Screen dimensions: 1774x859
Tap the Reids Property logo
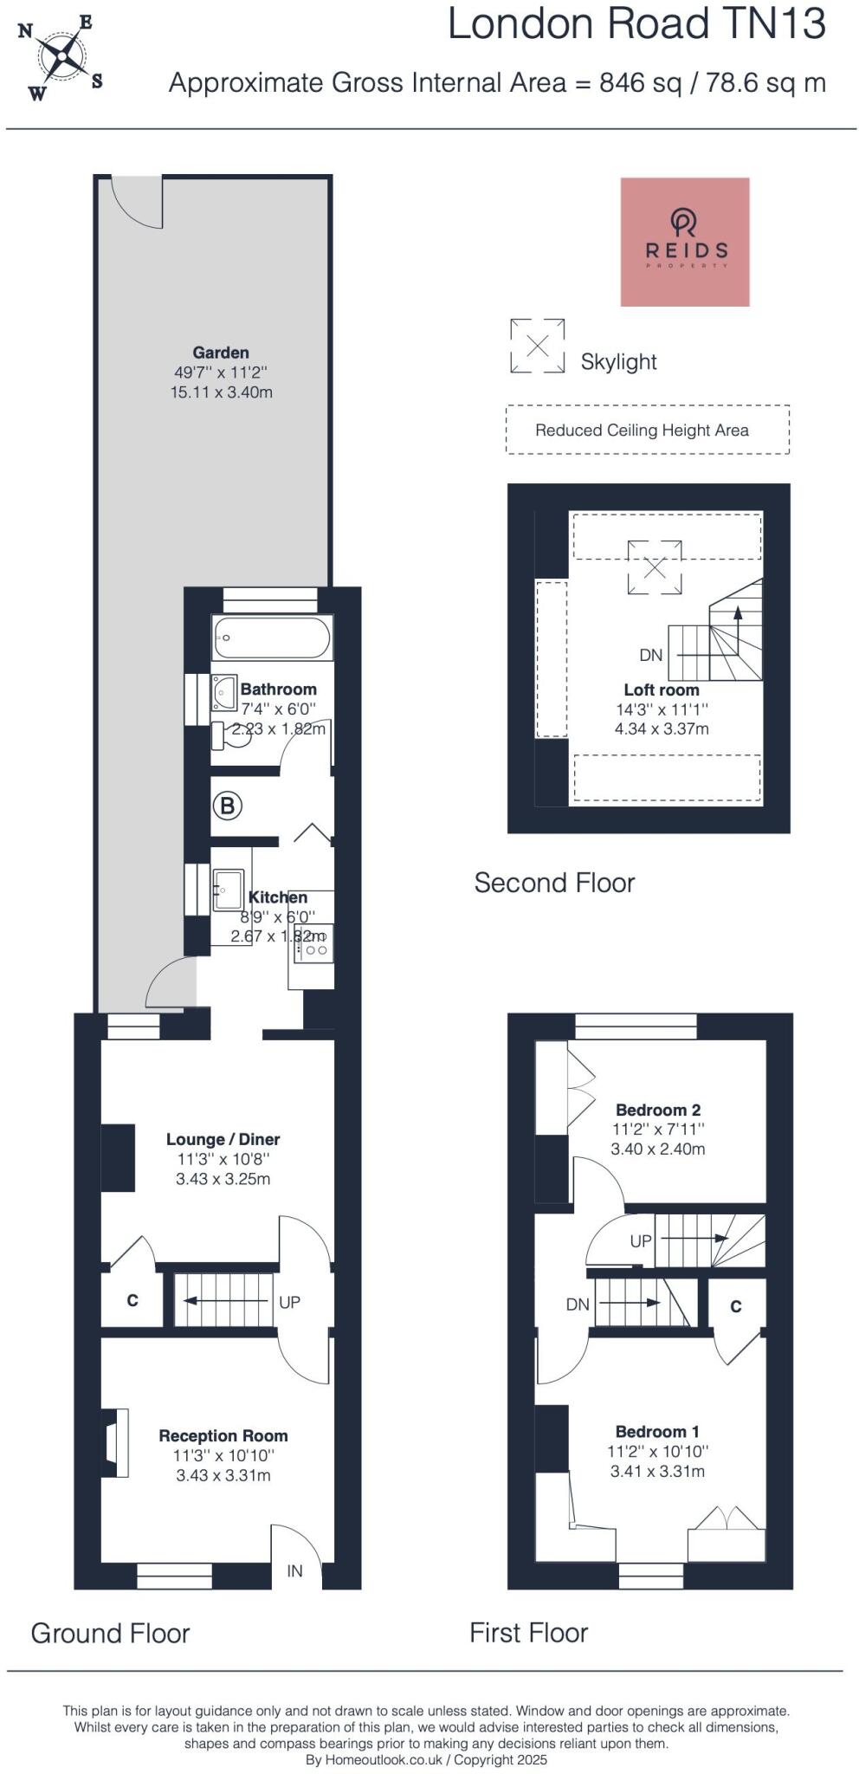pos(684,242)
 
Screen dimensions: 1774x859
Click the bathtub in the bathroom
pos(271,638)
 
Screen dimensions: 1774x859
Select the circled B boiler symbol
pos(227,806)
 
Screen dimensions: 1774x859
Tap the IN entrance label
pos(294,1570)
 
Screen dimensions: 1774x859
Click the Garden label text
pos(221,353)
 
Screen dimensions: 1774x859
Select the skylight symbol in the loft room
pos(655,567)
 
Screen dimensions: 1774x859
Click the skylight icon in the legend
pos(537,346)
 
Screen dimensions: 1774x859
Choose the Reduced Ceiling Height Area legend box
pos(647,430)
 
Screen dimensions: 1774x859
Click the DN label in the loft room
pos(651,655)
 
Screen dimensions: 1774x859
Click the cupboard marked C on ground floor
pos(132,1300)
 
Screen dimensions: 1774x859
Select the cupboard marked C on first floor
pos(736,1306)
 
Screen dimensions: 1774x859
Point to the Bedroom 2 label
pos(658,1110)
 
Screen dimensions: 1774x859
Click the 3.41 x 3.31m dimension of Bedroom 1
pos(657,1471)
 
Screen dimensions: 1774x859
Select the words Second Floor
pos(554,883)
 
